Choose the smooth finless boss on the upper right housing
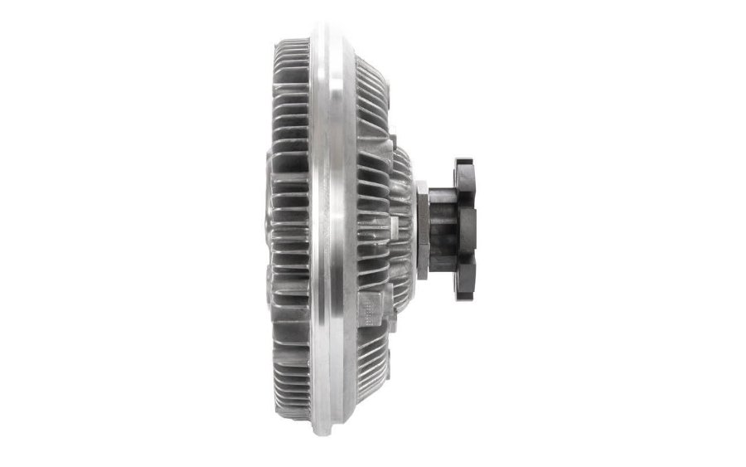[x=377, y=124]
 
